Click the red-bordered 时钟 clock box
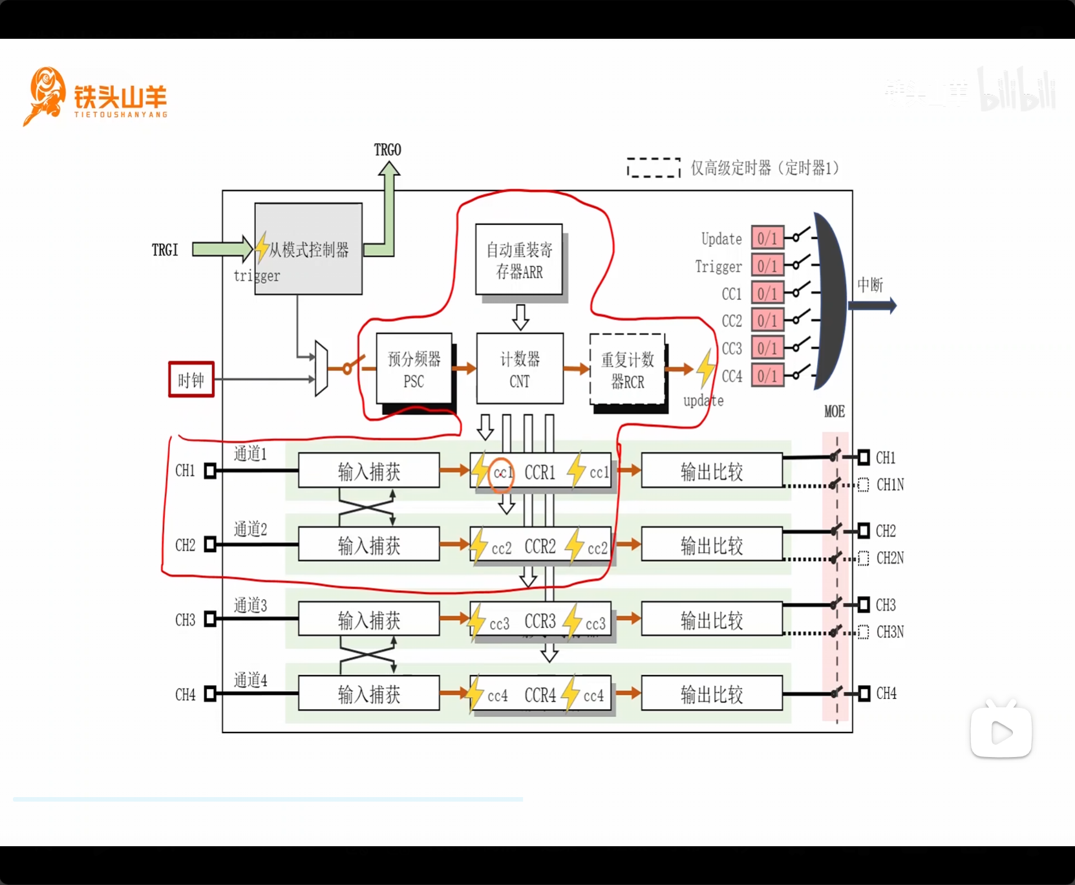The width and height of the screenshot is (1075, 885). tap(191, 379)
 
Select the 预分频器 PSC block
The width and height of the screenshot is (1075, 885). tap(414, 370)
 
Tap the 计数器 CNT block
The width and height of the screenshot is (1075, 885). tap(520, 370)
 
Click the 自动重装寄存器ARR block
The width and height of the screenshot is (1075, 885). tap(519, 260)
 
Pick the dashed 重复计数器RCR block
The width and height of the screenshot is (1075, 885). tap(627, 370)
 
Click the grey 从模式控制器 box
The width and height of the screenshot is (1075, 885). tap(308, 250)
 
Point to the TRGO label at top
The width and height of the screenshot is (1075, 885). tap(387, 150)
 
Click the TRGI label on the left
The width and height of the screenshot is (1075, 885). tap(165, 250)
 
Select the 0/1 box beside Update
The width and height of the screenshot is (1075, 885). tap(767, 238)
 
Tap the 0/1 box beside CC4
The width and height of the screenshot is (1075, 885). tap(767, 376)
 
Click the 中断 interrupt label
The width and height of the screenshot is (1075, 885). tap(870, 285)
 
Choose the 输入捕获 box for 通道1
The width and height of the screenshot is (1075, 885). tap(368, 471)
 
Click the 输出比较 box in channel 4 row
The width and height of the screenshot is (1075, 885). tap(712, 694)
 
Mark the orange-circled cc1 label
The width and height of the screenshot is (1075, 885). tap(502, 474)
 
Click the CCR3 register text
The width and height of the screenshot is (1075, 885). tap(540, 621)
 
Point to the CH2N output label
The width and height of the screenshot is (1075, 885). tap(890, 558)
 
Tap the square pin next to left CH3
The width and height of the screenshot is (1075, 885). tap(210, 619)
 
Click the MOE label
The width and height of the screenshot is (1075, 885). tap(834, 412)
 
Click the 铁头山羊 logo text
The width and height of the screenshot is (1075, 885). tap(120, 98)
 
